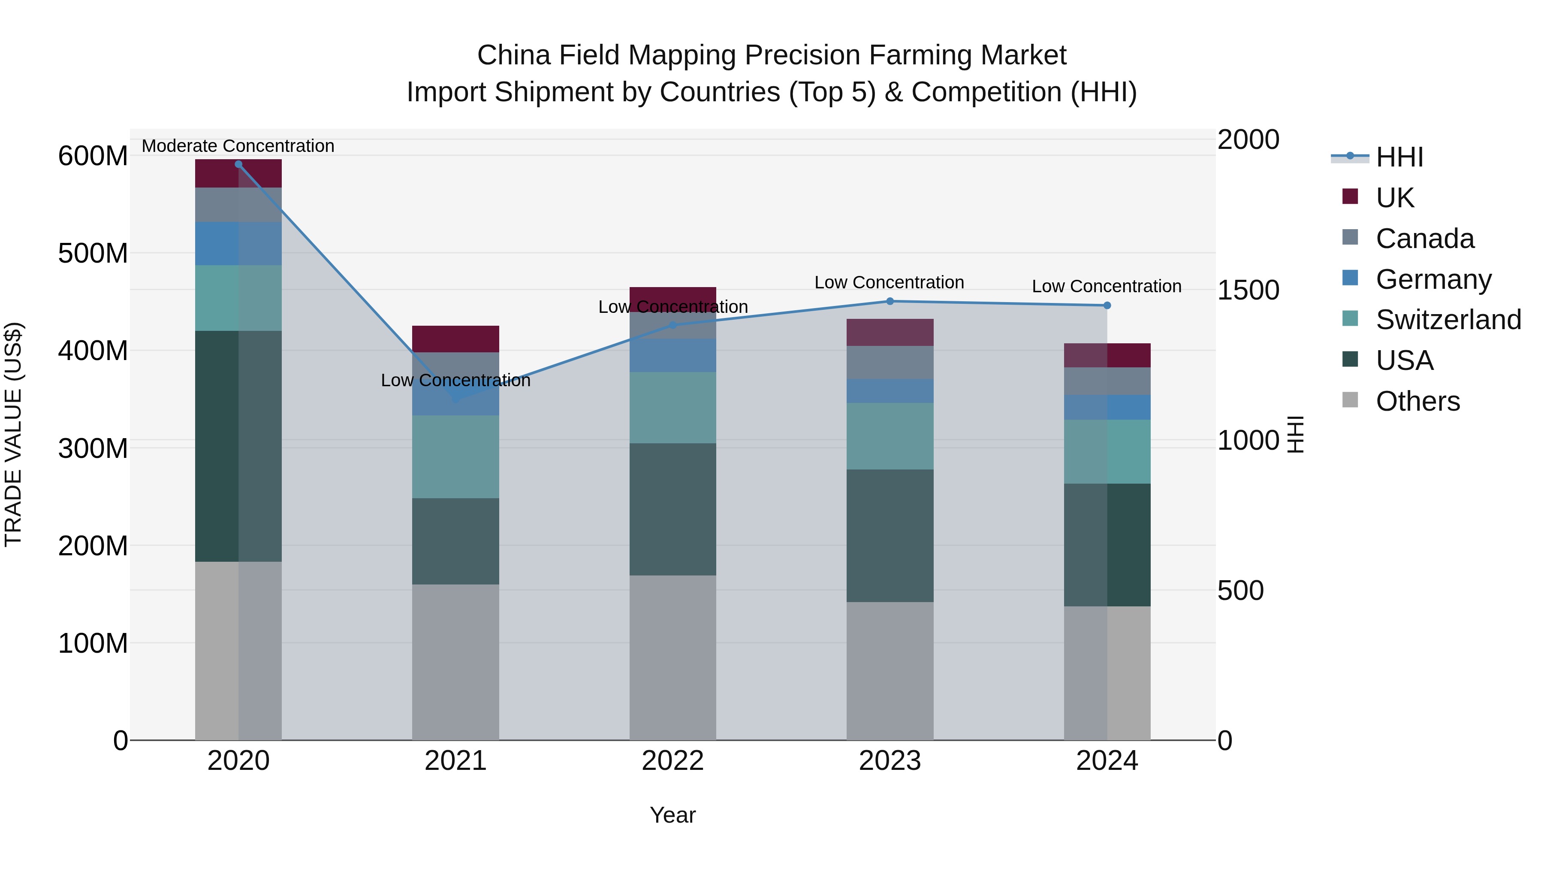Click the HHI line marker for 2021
click(x=455, y=398)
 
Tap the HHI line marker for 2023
click(x=890, y=301)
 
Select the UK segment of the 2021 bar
click(x=455, y=339)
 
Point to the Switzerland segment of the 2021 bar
click(x=455, y=457)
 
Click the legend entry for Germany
click(x=1432, y=279)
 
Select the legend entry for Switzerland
click(x=1447, y=320)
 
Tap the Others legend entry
click(x=1417, y=401)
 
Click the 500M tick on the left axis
click(x=93, y=253)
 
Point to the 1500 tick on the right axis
click(x=1248, y=290)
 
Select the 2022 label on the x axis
click(x=672, y=761)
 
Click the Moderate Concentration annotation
click(x=238, y=146)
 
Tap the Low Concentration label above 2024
click(x=1107, y=286)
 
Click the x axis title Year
click(x=672, y=815)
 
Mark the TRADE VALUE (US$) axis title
click(x=13, y=434)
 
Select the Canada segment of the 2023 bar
click(x=890, y=362)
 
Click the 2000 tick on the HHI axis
click(x=1248, y=140)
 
